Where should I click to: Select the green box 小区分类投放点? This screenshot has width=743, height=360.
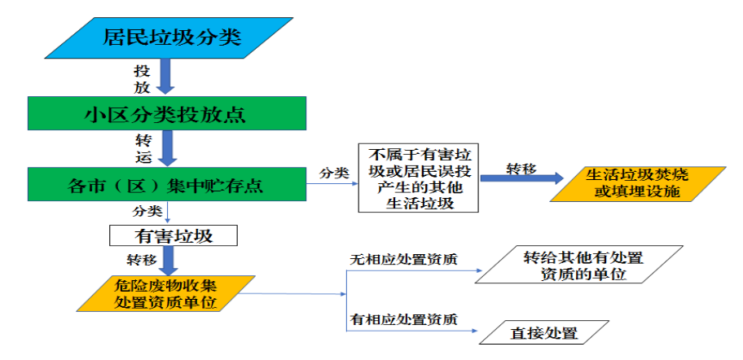(x=166, y=113)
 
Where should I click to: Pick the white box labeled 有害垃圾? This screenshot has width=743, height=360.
(x=173, y=236)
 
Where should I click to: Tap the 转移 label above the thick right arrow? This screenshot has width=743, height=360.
(x=521, y=168)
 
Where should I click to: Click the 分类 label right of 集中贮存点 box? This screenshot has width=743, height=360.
(x=334, y=173)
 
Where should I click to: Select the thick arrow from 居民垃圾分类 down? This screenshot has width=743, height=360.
(x=166, y=77)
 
